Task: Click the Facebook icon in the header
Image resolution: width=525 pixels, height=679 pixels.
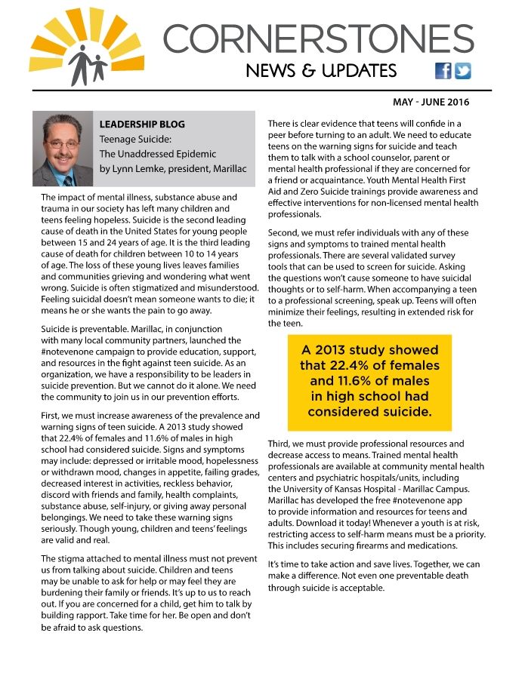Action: coord(443,71)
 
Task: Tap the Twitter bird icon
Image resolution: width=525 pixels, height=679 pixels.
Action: coord(462,71)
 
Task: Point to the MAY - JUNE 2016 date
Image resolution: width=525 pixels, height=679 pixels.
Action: coord(431,102)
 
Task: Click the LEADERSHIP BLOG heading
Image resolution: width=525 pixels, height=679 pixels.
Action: coord(142,124)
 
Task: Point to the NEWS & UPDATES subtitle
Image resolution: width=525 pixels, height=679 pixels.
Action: coord(321,71)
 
